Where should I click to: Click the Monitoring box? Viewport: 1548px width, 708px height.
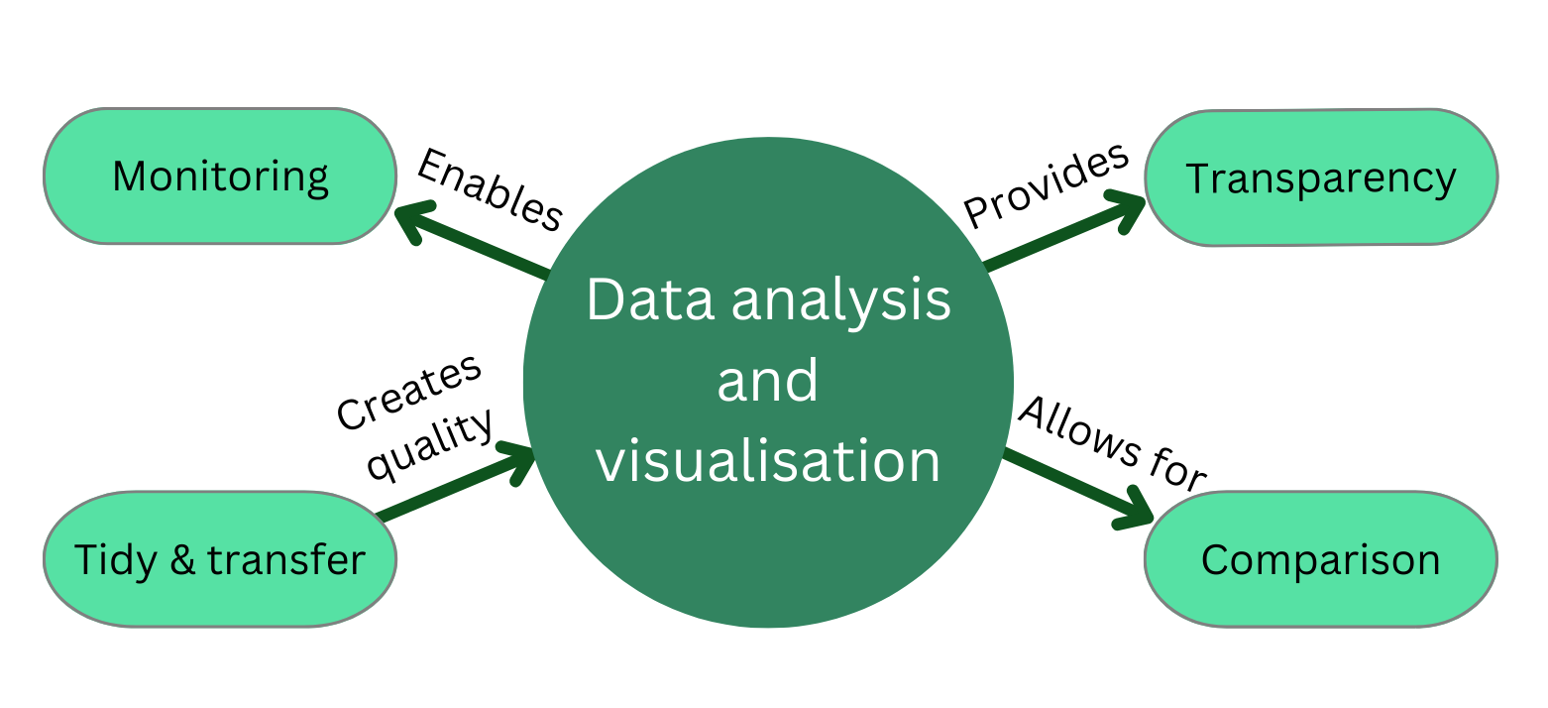click(x=220, y=177)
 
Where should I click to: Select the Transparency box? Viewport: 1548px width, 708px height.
click(x=1321, y=178)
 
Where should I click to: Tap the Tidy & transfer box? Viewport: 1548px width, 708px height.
click(x=220, y=560)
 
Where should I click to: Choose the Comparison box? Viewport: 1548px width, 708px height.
click(x=1321, y=560)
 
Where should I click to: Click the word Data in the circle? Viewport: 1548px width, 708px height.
click(x=649, y=300)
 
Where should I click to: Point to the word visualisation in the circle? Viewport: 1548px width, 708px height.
click(x=768, y=461)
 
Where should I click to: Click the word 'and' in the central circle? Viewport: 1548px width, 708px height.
click(x=768, y=382)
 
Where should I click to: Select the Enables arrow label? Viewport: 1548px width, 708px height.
click(x=489, y=189)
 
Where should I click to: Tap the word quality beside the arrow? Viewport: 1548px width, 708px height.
click(x=429, y=444)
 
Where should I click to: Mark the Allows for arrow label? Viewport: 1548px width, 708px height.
click(x=1112, y=442)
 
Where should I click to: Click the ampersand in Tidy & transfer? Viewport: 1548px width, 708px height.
click(x=182, y=560)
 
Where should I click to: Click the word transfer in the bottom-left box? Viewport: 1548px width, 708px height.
click(x=286, y=560)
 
